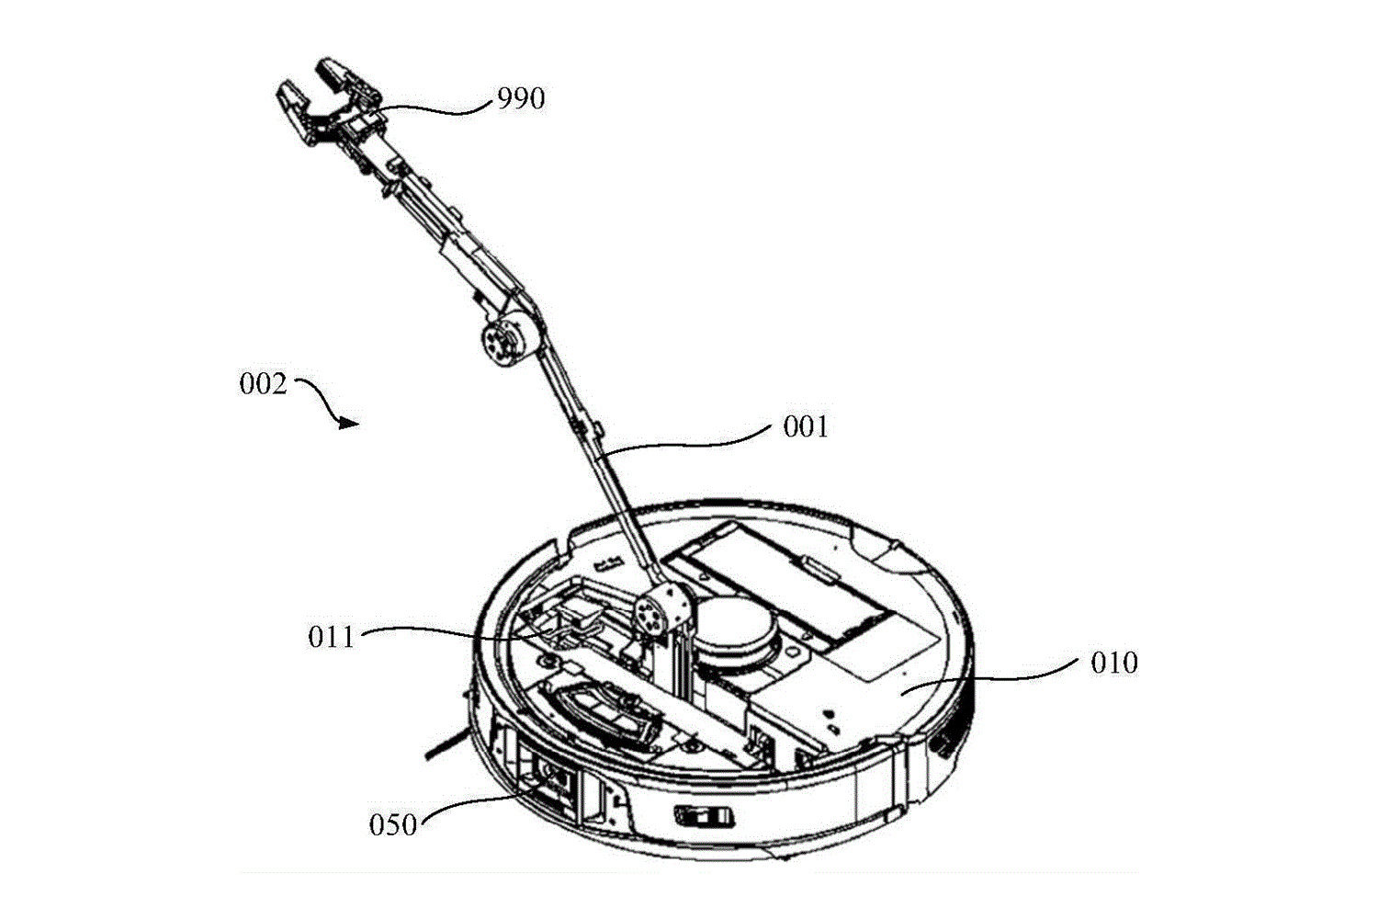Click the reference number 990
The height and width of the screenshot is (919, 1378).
pyautogui.click(x=521, y=98)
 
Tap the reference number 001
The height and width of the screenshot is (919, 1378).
pyautogui.click(x=806, y=426)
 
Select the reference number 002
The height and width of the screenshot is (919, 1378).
pyautogui.click(x=264, y=383)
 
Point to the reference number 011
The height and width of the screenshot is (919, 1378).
pyautogui.click(x=331, y=636)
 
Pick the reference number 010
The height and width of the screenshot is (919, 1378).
pyautogui.click(x=1114, y=663)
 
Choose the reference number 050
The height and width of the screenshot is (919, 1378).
pyautogui.click(x=393, y=824)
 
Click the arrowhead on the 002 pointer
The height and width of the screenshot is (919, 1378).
pyautogui.click(x=348, y=423)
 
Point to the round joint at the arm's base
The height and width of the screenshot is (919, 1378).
pyautogui.click(x=655, y=610)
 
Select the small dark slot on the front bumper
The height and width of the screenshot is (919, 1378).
pyautogui.click(x=704, y=815)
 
